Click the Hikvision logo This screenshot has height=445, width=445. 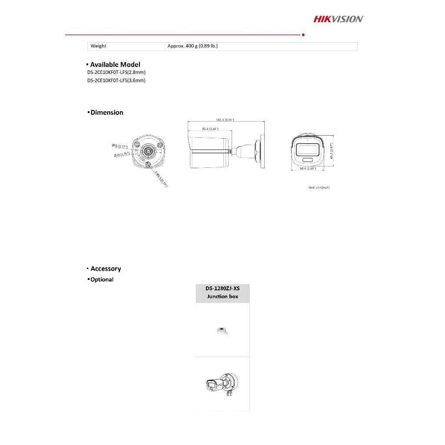click(339, 19)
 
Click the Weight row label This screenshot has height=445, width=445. click(98, 46)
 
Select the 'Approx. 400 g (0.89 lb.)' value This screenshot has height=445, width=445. click(193, 46)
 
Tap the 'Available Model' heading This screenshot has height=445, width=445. click(115, 65)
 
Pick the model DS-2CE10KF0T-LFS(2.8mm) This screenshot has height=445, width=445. click(116, 72)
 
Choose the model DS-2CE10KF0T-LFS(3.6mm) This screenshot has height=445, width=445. click(116, 80)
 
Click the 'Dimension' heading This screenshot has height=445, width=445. click(106, 113)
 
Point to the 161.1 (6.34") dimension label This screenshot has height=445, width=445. click(225, 120)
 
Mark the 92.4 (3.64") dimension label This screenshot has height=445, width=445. click(210, 129)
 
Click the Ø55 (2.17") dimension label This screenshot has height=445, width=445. click(119, 146)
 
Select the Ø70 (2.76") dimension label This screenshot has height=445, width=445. click(122, 154)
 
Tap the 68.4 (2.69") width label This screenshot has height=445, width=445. click(308, 169)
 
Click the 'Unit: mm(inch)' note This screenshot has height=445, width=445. click(319, 188)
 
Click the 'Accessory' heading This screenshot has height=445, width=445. click(106, 269)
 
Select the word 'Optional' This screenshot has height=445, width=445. click(102, 279)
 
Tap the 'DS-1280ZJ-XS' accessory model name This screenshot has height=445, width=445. click(222, 288)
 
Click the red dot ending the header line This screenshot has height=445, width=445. click(302, 34)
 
